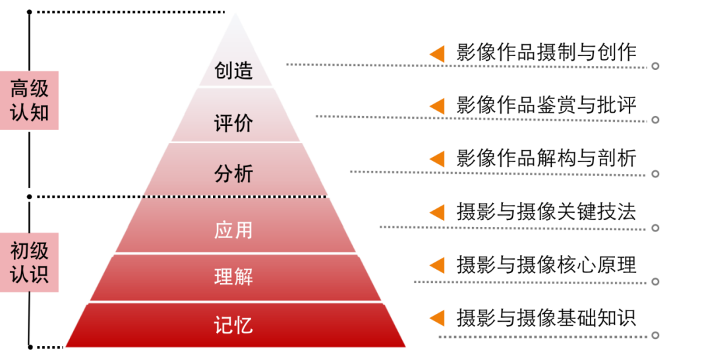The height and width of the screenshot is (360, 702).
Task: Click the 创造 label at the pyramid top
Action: (x=233, y=71)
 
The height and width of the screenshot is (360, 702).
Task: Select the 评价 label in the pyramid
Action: (x=233, y=123)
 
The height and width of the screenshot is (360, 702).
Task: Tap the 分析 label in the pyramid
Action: (x=233, y=174)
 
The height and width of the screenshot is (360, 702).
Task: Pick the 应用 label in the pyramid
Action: (x=233, y=230)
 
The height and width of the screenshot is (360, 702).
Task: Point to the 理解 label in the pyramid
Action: (x=233, y=276)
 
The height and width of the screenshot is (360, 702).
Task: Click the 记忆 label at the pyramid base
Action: (x=233, y=325)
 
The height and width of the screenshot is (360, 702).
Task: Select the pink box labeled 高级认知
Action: (x=30, y=100)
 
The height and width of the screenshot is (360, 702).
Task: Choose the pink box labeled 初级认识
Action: (x=30, y=262)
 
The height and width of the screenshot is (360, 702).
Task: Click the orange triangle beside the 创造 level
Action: (x=438, y=54)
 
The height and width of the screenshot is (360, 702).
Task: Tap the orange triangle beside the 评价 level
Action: (x=438, y=106)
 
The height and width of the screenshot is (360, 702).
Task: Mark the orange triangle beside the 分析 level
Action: (x=438, y=159)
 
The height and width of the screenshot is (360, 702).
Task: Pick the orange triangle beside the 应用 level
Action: (x=438, y=212)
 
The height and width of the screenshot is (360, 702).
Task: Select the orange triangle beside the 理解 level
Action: (x=438, y=265)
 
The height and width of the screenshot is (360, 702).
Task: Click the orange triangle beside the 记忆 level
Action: (x=438, y=318)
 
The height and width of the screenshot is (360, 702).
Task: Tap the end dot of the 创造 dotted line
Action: (x=655, y=66)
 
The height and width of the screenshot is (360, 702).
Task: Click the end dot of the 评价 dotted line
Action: (x=655, y=120)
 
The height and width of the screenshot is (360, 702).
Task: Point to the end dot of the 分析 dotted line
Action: (x=655, y=174)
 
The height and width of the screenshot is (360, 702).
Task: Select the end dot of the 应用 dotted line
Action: (x=655, y=228)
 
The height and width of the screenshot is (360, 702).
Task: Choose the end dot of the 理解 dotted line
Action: (x=655, y=282)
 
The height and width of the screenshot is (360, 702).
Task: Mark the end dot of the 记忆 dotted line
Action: (x=655, y=336)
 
